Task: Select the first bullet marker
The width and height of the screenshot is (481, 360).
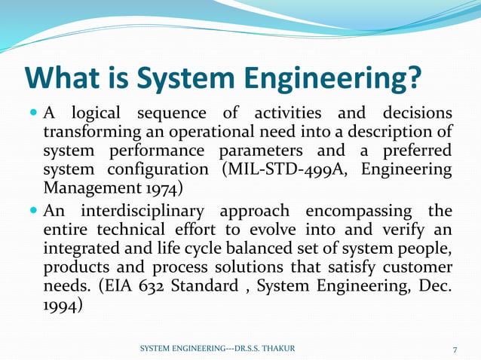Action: click(x=33, y=114)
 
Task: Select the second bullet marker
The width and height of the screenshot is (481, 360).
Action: click(x=33, y=209)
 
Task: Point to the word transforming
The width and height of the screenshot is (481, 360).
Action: click(x=92, y=132)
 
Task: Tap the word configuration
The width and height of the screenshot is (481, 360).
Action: click(x=161, y=168)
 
